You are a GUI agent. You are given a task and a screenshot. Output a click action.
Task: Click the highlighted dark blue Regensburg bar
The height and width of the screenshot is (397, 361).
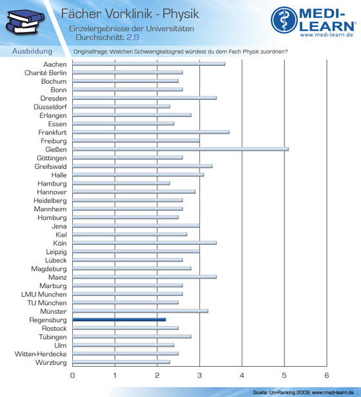[119, 320]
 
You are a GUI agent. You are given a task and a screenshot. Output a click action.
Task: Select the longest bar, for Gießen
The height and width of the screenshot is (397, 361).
[180, 150]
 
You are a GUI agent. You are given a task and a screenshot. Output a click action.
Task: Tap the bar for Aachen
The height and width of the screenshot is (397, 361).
[149, 64]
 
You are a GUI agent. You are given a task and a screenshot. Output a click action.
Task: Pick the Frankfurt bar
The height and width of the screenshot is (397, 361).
[151, 132]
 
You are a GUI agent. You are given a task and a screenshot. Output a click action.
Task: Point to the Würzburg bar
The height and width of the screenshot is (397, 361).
[121, 362]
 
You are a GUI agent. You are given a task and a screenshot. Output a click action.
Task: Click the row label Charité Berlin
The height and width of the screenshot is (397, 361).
[46, 73]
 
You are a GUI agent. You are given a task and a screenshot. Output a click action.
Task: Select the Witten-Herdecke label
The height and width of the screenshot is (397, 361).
[41, 354]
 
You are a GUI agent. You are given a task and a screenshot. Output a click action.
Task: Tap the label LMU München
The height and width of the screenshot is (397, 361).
[44, 295]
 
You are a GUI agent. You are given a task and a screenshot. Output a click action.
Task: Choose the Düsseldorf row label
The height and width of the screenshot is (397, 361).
[50, 107]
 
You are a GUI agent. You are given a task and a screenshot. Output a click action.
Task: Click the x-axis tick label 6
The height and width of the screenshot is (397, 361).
[327, 375]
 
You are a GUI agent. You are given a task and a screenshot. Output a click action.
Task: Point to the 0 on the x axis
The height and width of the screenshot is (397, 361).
[72, 375]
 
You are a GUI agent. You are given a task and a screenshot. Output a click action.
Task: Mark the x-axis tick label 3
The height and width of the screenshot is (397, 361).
[200, 375]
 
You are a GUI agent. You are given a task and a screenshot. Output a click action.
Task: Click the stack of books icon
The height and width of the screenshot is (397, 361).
[25, 21]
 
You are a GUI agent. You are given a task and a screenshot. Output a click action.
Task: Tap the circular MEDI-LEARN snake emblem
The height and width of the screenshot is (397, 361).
[284, 20]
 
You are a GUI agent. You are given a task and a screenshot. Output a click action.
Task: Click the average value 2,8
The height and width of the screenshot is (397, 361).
[133, 37]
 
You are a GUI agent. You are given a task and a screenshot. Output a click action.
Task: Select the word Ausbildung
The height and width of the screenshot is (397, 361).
[32, 51]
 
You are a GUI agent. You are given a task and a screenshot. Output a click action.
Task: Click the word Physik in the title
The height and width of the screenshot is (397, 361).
[180, 14]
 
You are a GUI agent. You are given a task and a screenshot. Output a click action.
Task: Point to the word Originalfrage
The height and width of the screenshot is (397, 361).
[91, 52]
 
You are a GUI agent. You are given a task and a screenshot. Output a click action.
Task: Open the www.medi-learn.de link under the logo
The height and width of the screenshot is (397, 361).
[327, 35]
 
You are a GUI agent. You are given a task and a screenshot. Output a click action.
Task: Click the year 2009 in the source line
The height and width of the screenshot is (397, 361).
[304, 392]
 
